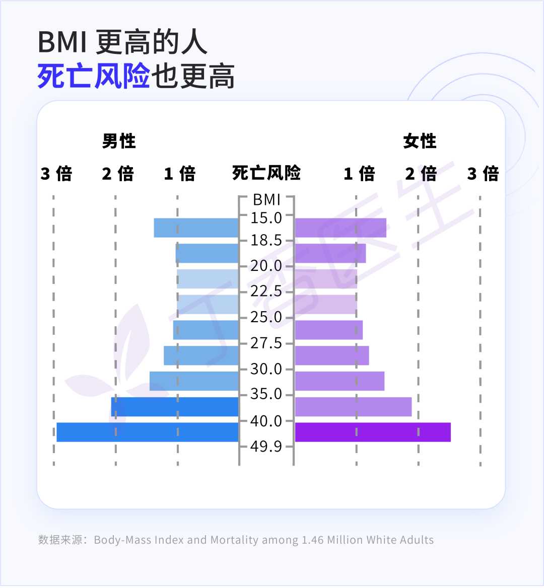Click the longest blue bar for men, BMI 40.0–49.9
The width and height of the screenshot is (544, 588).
pos(147,432)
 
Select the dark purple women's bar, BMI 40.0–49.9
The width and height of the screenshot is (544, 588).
pos(373,432)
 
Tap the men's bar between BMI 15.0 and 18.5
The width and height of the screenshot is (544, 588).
pos(196,228)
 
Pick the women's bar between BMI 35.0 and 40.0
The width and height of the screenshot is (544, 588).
pos(353,407)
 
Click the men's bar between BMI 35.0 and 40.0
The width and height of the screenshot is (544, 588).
pos(175,407)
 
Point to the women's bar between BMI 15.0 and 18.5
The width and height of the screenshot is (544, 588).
pos(341,228)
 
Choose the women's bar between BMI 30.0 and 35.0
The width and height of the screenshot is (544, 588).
pos(339,381)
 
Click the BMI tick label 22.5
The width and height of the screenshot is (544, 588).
pos(266,291)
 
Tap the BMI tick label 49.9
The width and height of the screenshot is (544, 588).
pos(266,447)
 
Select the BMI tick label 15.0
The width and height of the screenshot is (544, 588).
pos(266,218)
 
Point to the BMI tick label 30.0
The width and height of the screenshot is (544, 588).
pos(266,369)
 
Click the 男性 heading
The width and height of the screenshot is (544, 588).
pos(119,141)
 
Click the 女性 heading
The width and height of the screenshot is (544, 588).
pos(420,141)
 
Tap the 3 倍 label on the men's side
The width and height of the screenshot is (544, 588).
pos(56,174)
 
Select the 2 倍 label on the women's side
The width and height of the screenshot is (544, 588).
pos(421,174)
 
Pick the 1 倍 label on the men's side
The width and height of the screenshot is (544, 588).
pos(180,174)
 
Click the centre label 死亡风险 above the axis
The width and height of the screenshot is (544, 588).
pos(266,173)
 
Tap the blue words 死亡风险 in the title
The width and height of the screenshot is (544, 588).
pos(94,77)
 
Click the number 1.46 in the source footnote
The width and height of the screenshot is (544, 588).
pos(312,540)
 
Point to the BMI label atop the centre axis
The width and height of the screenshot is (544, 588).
pos(266,200)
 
